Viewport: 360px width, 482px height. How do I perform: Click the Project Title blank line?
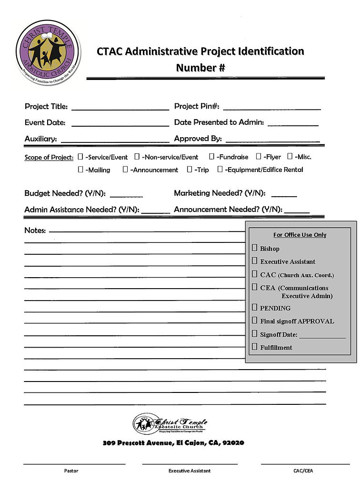pyautogui.click(x=120, y=109)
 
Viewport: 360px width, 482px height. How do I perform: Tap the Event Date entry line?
pyautogui.click(x=120, y=125)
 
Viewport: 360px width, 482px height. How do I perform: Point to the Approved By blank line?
pyautogui.click(x=272, y=141)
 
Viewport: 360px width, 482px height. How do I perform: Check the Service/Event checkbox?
pyautogui.click(x=80, y=156)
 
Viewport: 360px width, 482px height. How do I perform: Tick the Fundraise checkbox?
pyautogui.click(x=212, y=156)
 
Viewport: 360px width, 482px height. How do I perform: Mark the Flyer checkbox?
pyautogui.click(x=259, y=156)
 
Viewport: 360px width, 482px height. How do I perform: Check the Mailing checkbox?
pyautogui.click(x=81, y=169)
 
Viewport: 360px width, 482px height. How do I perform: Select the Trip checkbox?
pyautogui.click(x=190, y=169)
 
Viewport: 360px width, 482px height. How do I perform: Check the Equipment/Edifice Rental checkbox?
pyautogui.click(x=220, y=169)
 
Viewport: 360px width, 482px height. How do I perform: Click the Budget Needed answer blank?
pyautogui.click(x=126, y=196)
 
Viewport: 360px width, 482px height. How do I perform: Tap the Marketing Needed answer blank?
pyautogui.click(x=284, y=195)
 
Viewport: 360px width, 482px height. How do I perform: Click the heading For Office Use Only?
pyautogui.click(x=300, y=235)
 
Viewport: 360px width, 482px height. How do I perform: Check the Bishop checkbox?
pyautogui.click(x=255, y=248)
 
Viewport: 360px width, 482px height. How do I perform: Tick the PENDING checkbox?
pyautogui.click(x=255, y=307)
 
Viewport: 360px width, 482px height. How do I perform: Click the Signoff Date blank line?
pyautogui.click(x=322, y=337)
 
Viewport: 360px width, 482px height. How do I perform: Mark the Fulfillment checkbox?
pyautogui.click(x=255, y=347)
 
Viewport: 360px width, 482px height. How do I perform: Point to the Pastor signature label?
pyautogui.click(x=71, y=471)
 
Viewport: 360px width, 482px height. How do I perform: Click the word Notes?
pyautogui.click(x=35, y=231)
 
